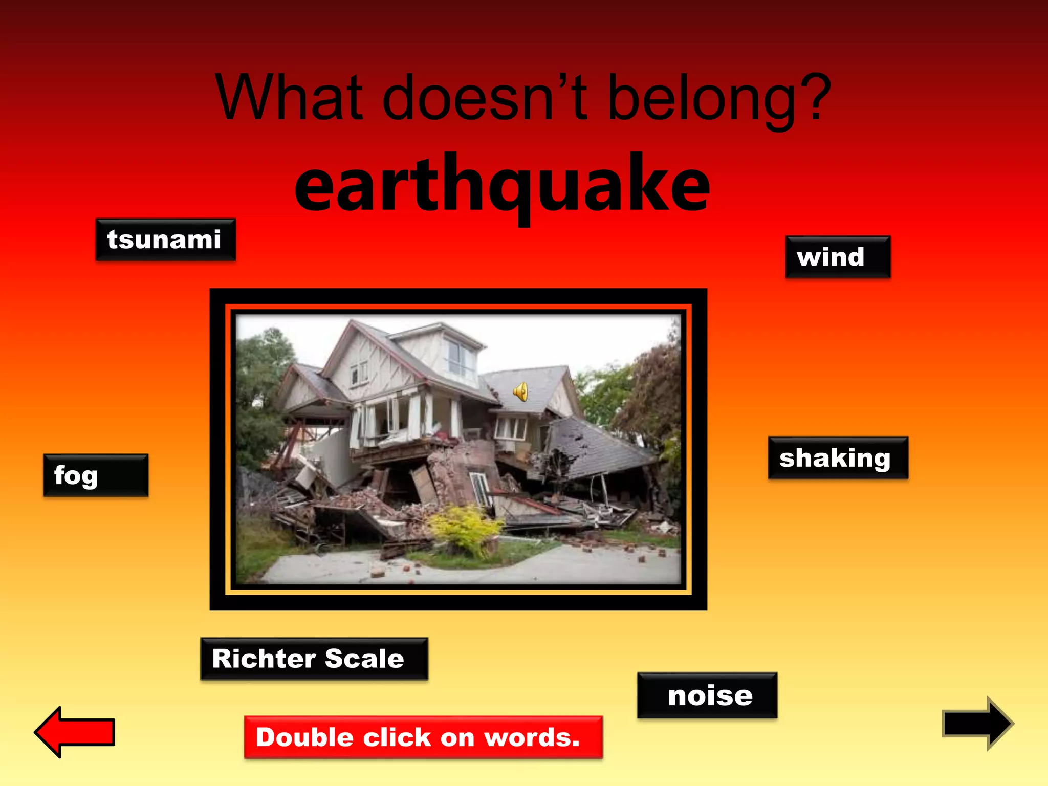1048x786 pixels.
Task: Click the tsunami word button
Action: point(165,240)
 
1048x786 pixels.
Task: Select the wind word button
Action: point(837,257)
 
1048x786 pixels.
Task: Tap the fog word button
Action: point(96,475)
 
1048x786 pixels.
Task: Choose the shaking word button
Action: point(838,458)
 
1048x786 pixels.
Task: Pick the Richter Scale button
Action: point(314,659)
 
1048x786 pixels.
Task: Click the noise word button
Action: point(707,695)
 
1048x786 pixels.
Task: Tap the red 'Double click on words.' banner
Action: point(423,737)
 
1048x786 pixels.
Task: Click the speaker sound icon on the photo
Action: point(520,392)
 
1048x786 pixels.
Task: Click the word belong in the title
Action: point(701,100)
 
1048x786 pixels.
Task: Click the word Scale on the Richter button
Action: point(364,659)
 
